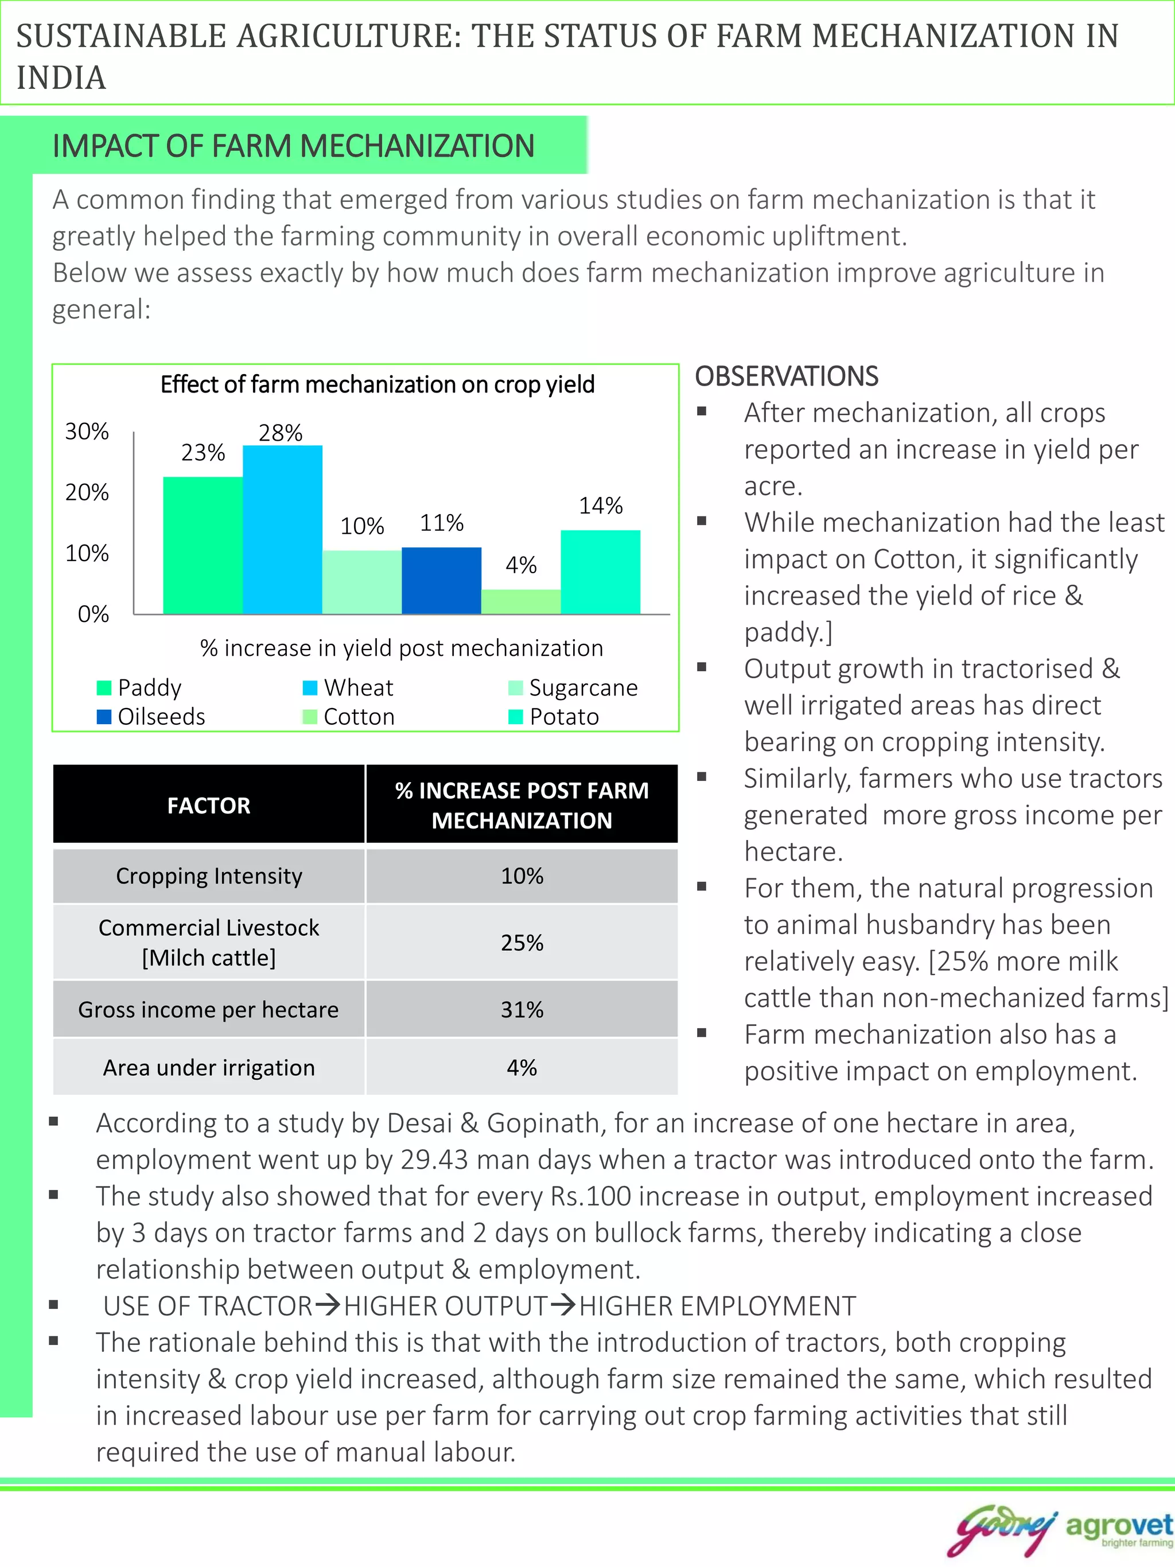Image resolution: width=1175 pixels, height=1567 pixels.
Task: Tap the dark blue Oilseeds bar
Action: click(x=441, y=580)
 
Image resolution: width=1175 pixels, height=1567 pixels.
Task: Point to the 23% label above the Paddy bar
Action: click(x=203, y=453)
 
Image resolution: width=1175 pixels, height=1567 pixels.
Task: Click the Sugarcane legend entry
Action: click(x=573, y=688)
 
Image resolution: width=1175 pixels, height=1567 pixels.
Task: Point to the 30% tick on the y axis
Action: click(x=87, y=431)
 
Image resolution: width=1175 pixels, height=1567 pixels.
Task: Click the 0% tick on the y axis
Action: click(x=94, y=613)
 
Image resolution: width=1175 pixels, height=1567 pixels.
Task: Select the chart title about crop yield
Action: click(x=377, y=384)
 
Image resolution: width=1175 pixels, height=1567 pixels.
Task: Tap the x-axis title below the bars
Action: click(x=401, y=648)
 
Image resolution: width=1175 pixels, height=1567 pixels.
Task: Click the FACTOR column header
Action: click(x=209, y=806)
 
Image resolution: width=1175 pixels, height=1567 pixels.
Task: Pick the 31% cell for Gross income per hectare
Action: click(x=522, y=1009)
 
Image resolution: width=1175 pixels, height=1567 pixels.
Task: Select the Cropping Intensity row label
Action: click(x=209, y=876)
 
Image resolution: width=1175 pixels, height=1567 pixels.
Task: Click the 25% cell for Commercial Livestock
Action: click(x=522, y=943)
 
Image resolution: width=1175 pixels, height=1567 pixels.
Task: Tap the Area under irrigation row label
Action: click(x=209, y=1068)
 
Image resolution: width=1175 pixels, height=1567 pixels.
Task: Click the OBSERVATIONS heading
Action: click(x=786, y=376)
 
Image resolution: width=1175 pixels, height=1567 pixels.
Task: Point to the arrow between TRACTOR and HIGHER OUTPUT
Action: click(x=328, y=1305)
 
